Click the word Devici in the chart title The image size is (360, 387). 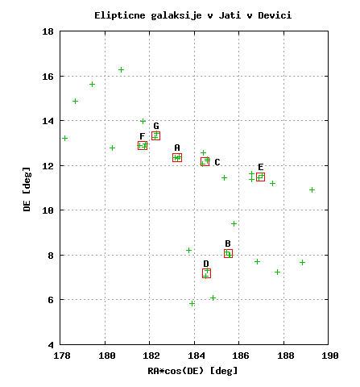(x=275, y=15)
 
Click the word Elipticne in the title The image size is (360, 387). (x=120, y=16)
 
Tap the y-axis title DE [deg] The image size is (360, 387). (x=27, y=189)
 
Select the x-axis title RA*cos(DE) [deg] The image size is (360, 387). (x=192, y=371)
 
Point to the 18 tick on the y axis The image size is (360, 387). (x=48, y=31)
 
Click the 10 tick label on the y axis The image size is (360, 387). (x=48, y=210)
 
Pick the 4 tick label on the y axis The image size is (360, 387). (x=51, y=345)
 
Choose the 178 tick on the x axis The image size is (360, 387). (x=62, y=356)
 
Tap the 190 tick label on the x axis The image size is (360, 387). (x=330, y=356)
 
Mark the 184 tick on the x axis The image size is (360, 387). (x=196, y=356)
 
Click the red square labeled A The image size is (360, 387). (x=177, y=157)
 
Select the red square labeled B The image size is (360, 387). (x=228, y=253)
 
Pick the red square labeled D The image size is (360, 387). (x=206, y=273)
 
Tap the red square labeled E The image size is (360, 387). (x=260, y=177)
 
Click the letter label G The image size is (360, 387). (x=156, y=126)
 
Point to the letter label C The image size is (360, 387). (x=217, y=162)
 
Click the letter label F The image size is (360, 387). (x=143, y=136)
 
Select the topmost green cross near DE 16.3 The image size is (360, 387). (x=121, y=70)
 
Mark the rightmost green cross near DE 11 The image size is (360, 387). (x=312, y=190)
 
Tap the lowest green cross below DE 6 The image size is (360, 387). (x=192, y=303)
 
